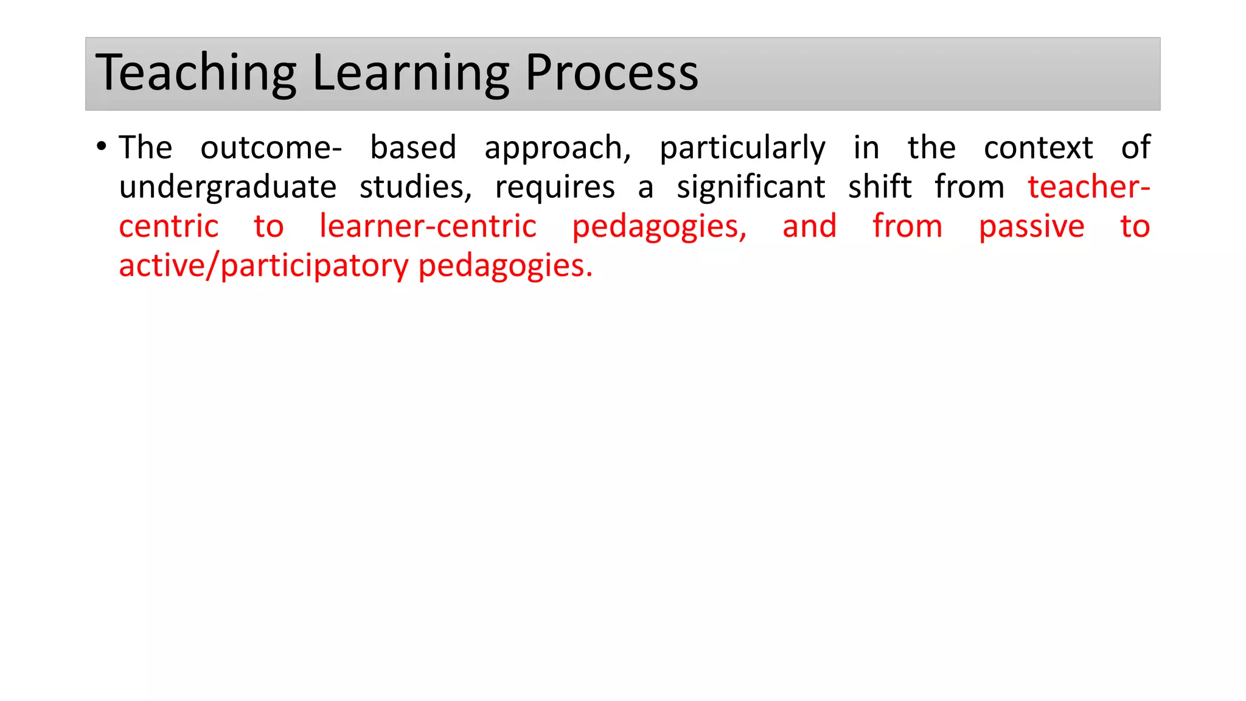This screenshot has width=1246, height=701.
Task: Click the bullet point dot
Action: tap(102, 147)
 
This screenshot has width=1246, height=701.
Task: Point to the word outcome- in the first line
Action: tap(271, 148)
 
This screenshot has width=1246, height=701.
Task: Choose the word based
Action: tap(413, 148)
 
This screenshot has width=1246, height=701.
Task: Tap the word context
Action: tap(1038, 148)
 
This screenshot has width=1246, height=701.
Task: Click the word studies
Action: tap(416, 187)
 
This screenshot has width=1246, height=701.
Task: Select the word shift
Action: tap(880, 187)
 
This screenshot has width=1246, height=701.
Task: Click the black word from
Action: tap(969, 187)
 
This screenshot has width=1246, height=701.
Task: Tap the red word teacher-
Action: tap(1088, 187)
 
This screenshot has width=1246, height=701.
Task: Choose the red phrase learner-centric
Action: tap(428, 226)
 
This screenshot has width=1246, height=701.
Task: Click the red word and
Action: tap(809, 226)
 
